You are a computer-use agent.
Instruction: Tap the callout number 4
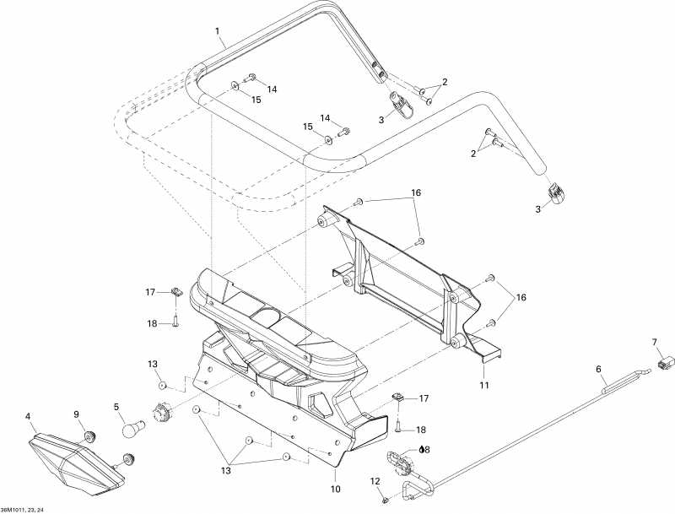point(29,415)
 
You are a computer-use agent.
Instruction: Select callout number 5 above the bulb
point(116,407)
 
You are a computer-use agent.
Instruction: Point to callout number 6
point(598,369)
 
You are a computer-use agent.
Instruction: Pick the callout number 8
point(428,450)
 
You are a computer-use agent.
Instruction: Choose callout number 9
point(76,414)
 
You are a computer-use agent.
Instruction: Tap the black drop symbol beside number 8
point(421,450)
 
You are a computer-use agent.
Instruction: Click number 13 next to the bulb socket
point(153,364)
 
